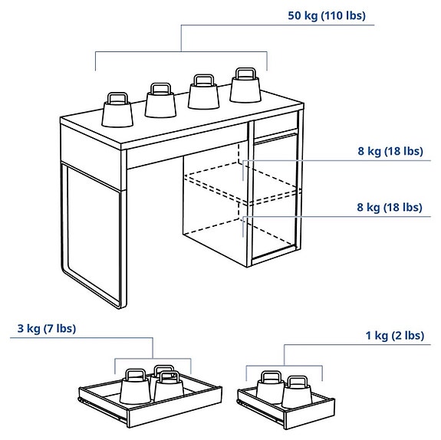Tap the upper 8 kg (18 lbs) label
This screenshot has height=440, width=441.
click(x=390, y=151)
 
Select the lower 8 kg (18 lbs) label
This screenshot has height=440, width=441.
click(x=390, y=207)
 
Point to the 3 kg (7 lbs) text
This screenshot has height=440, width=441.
click(x=47, y=329)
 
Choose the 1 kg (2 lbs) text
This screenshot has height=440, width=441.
click(x=394, y=335)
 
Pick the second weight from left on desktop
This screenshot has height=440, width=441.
click(x=160, y=101)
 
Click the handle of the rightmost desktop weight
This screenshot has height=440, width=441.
click(x=245, y=74)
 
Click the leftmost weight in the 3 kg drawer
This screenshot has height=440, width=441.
click(x=135, y=386)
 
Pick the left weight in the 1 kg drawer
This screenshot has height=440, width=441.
click(x=268, y=388)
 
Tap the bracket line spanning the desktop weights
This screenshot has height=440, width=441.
click(x=181, y=51)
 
